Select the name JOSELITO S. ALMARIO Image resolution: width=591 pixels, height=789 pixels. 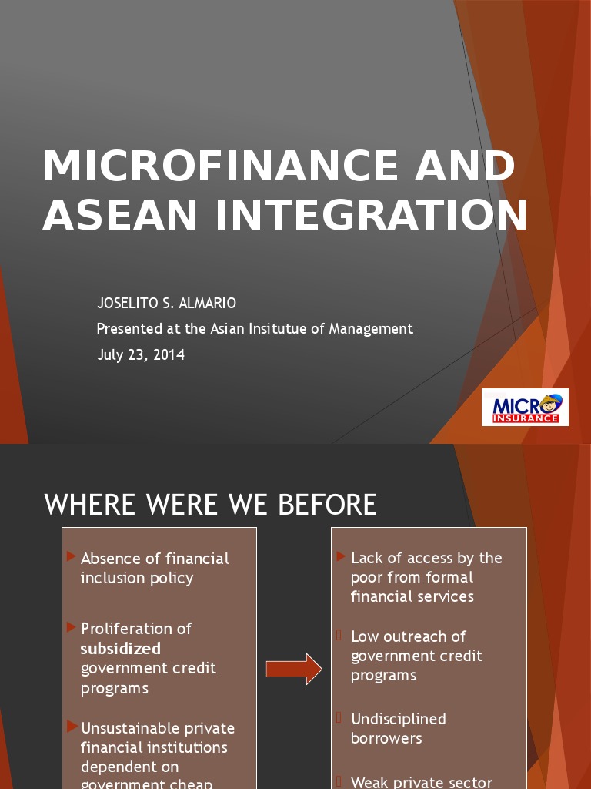166,304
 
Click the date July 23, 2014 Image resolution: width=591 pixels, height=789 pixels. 141,355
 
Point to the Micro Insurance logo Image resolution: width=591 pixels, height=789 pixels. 525,408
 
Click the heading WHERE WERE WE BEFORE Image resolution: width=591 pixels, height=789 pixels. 211,505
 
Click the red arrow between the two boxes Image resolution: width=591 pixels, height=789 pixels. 294,669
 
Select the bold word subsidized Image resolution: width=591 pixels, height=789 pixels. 121,649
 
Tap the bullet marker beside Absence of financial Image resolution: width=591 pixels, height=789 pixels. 71,556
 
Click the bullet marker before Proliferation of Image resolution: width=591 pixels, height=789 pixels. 71,627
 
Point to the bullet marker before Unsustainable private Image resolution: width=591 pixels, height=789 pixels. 71,727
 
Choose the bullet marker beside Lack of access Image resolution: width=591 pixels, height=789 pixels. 341,556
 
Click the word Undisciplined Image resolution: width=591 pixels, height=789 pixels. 398,719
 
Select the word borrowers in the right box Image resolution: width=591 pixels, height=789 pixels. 386,738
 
